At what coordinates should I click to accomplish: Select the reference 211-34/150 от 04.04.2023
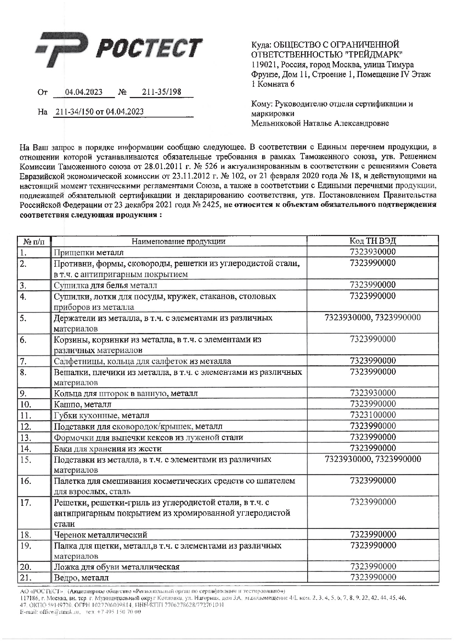(x=99, y=112)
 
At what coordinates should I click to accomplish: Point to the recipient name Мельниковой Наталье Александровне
(x=320, y=123)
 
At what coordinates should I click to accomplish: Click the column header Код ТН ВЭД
(x=372, y=241)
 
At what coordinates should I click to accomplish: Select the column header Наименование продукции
(x=178, y=241)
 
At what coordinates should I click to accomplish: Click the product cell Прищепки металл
(x=89, y=253)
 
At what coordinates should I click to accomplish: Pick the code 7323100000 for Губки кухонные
(x=373, y=415)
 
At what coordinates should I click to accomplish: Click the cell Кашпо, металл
(x=82, y=404)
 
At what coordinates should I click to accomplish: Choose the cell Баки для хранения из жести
(x=108, y=448)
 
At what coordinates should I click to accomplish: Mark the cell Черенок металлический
(x=101, y=535)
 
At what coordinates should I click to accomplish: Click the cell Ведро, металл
(x=81, y=578)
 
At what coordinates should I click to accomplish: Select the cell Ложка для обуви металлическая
(x=117, y=567)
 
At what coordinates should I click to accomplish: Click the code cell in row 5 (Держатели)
(x=372, y=318)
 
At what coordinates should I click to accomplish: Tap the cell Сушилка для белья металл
(x=105, y=285)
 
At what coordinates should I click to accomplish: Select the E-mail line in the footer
(x=81, y=612)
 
